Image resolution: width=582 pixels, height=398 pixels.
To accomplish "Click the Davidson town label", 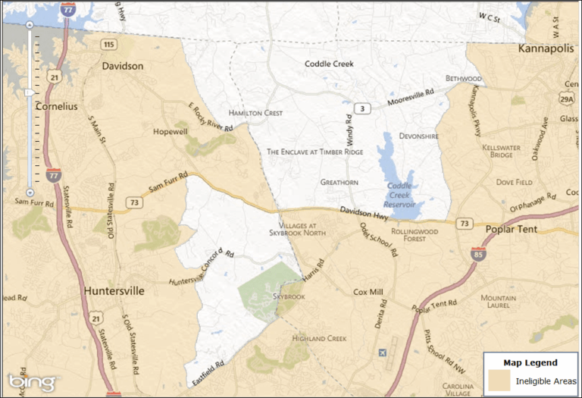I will pyautogui.click(x=122, y=66).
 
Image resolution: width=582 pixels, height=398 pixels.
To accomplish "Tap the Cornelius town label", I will pyautogui.click(x=56, y=107).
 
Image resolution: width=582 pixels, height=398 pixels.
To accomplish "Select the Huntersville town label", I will pyautogui.click(x=114, y=291).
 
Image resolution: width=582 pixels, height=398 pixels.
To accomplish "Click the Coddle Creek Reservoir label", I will pyautogui.click(x=399, y=195).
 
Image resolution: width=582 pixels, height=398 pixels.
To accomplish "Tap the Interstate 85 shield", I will pyautogui.click(x=477, y=253).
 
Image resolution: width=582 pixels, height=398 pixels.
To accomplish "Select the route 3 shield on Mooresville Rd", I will pyautogui.click(x=365, y=109).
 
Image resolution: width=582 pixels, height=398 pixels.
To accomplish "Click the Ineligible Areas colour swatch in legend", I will pyautogui.click(x=499, y=379).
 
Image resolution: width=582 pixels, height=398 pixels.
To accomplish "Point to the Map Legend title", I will pyautogui.click(x=530, y=362).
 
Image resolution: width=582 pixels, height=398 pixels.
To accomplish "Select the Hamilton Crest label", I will pyautogui.click(x=255, y=113).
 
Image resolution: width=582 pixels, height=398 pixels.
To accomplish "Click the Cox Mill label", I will pyautogui.click(x=369, y=291).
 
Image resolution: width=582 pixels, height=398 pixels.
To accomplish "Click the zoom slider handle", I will pyautogui.click(x=29, y=92).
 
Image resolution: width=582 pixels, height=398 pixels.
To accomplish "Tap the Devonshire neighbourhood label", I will pyautogui.click(x=419, y=136).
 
